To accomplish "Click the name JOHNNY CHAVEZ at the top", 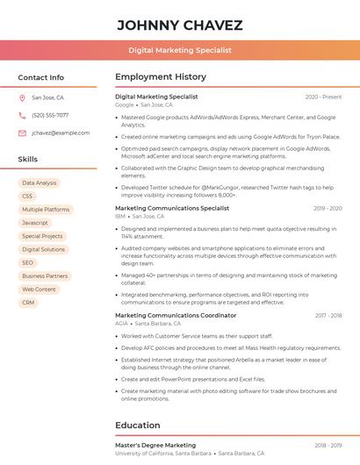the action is pyautogui.click(x=180, y=25).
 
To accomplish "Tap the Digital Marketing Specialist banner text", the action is pyautogui.click(x=180, y=51).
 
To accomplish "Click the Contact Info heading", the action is pyautogui.click(x=41, y=77).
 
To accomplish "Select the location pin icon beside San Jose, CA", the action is pyautogui.click(x=22, y=98).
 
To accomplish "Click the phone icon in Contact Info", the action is pyautogui.click(x=22, y=116).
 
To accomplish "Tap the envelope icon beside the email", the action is pyautogui.click(x=22, y=133).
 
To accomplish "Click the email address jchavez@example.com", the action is pyautogui.click(x=61, y=133).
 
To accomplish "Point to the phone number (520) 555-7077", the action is pyautogui.click(x=50, y=116).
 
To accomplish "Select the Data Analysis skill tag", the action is pyautogui.click(x=40, y=183).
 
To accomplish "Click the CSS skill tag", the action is pyautogui.click(x=27, y=197).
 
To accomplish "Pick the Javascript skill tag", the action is pyautogui.click(x=35, y=223).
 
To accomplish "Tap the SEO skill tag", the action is pyautogui.click(x=28, y=262).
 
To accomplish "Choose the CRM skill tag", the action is pyautogui.click(x=28, y=302).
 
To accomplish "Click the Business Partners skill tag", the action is pyautogui.click(x=45, y=275).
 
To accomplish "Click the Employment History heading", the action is pyautogui.click(x=161, y=77).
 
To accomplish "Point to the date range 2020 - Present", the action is pyautogui.click(x=323, y=97).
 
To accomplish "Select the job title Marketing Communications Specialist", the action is pyautogui.click(x=172, y=208).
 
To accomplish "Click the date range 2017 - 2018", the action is pyautogui.click(x=328, y=315).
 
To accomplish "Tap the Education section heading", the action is pyautogui.click(x=138, y=426).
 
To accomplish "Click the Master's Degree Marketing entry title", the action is pyautogui.click(x=155, y=445).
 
